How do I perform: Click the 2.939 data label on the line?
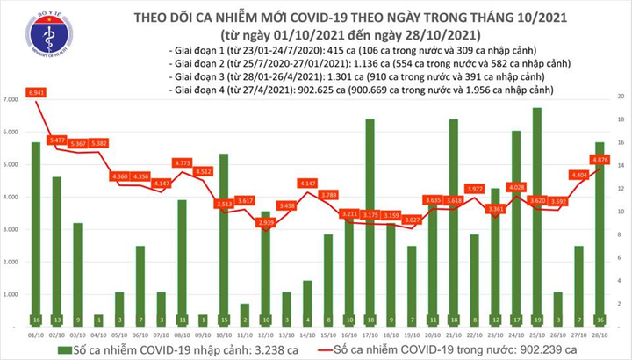coord(265,223)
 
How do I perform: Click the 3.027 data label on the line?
coord(413,233)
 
